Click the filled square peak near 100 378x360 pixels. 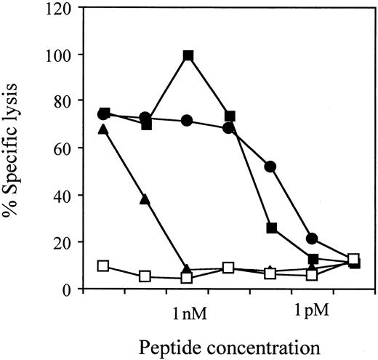pyautogui.click(x=188, y=55)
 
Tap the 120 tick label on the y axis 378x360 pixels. pyautogui.click(x=61, y=8)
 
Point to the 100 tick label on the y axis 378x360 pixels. pyautogui.click(x=61, y=55)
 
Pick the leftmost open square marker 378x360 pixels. pyautogui.click(x=103, y=266)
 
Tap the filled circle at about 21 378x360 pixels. pyautogui.click(x=313, y=239)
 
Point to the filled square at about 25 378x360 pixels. pyautogui.click(x=272, y=228)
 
